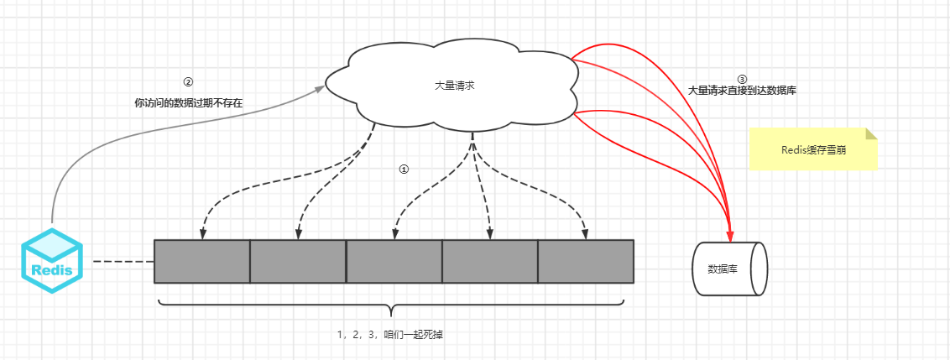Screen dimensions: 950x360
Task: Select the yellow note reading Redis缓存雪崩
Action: click(812, 149)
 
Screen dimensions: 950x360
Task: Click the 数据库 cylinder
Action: click(728, 269)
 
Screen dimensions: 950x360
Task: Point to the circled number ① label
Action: click(404, 169)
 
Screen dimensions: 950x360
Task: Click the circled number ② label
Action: click(188, 82)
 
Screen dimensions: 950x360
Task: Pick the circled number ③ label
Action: click(741, 79)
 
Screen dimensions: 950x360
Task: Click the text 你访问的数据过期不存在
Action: click(188, 103)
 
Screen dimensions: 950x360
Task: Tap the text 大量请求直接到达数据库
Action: click(742, 90)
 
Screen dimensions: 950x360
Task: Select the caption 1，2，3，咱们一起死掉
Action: click(390, 334)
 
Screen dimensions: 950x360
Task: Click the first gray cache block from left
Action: click(202, 261)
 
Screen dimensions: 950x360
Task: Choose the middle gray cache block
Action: click(394, 261)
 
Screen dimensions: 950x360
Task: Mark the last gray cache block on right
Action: click(585, 261)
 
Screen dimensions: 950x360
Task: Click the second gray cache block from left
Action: click(298, 261)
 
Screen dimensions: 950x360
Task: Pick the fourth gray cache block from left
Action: click(489, 261)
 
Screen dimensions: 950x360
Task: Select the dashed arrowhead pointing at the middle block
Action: click(394, 232)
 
